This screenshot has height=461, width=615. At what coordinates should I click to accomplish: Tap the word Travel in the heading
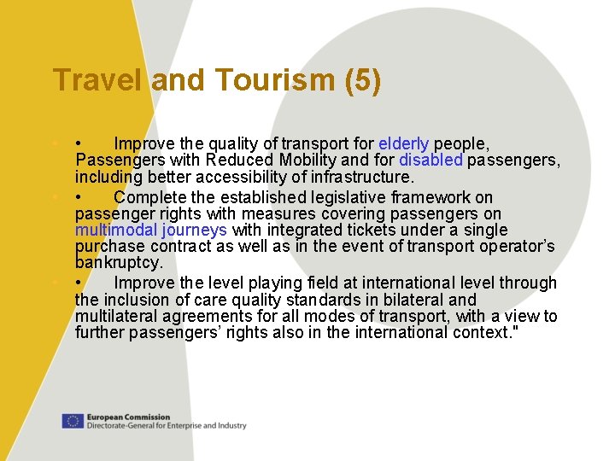tap(98, 80)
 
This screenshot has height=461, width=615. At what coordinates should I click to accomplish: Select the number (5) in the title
tap(363, 80)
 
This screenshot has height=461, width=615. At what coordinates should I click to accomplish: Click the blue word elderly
tap(403, 143)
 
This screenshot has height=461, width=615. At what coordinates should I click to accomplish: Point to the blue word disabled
tap(430, 160)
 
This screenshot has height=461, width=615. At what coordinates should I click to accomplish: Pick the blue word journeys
tap(195, 230)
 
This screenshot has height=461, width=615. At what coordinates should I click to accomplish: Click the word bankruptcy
tap(119, 264)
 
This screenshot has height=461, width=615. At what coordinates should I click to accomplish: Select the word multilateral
tap(111, 317)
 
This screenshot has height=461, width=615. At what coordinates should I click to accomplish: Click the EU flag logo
tap(73, 421)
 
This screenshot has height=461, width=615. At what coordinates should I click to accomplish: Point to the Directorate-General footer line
tap(166, 425)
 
